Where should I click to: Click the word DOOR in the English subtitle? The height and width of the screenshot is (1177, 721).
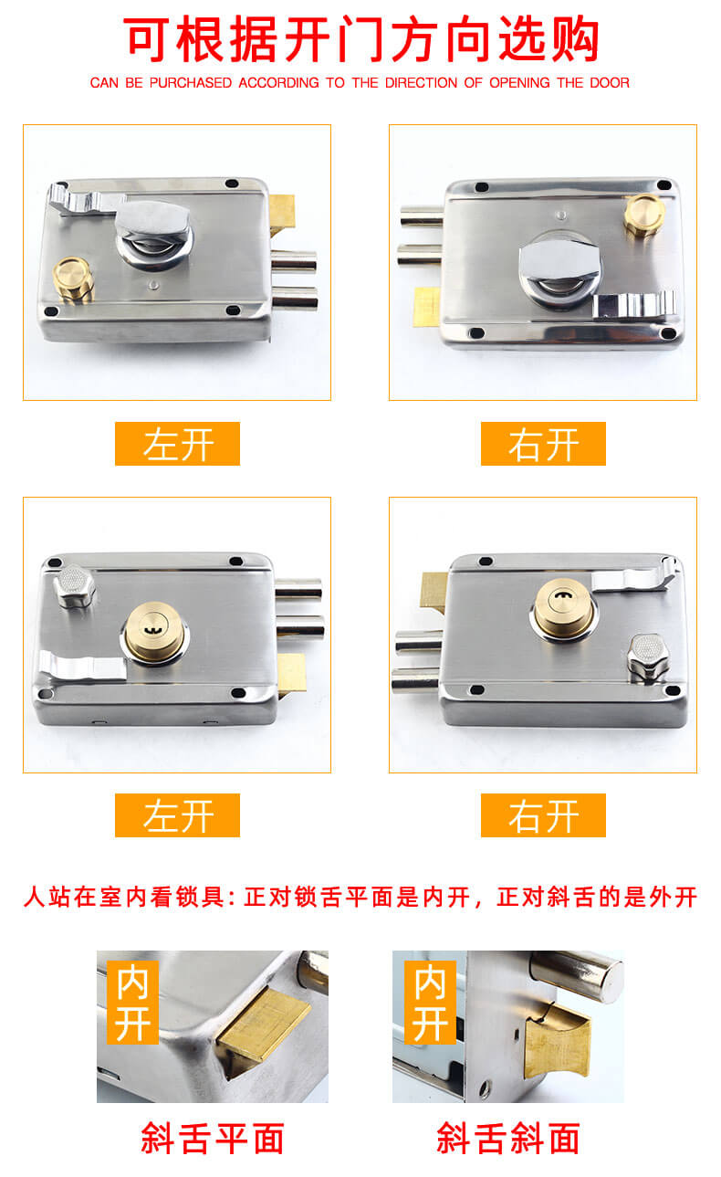609,82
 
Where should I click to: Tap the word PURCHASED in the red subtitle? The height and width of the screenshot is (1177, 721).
191,82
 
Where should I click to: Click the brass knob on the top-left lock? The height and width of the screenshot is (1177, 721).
73,279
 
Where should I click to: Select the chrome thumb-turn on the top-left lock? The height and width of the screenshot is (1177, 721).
152,233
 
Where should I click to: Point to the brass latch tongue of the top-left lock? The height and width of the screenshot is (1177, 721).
282,215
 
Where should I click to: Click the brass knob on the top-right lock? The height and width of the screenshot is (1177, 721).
644,214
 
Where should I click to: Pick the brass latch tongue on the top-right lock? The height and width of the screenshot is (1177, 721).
426,307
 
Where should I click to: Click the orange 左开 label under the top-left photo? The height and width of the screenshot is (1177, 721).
177,444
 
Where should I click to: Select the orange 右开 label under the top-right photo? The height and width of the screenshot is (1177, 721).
543,444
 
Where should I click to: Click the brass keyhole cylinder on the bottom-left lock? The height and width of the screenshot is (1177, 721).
155,632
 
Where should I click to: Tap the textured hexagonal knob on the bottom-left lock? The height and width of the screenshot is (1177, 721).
75,586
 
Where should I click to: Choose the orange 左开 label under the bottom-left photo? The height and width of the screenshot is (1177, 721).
177,815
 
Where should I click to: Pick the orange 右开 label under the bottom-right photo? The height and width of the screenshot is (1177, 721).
543,815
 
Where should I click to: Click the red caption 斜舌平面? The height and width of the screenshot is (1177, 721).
212,1138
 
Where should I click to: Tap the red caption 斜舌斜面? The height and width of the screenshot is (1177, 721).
508,1138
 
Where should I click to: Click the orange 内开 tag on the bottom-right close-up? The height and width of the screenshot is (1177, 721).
430,1002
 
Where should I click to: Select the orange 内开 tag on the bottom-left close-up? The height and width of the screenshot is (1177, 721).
133,1002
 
